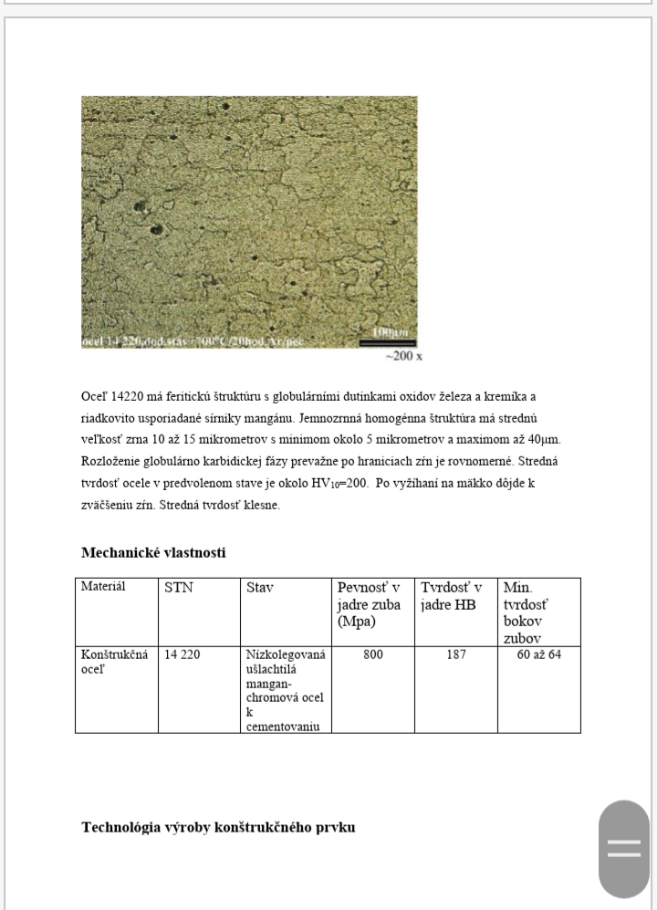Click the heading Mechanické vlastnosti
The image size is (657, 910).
(154, 552)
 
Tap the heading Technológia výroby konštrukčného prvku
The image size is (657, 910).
(218, 828)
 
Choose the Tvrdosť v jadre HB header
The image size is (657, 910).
(452, 596)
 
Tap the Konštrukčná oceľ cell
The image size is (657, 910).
(114, 662)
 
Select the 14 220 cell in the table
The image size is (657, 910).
(182, 654)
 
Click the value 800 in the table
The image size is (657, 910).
(372, 654)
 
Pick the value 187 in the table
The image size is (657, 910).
(456, 654)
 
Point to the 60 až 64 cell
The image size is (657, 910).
(539, 654)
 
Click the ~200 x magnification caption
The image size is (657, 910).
(404, 357)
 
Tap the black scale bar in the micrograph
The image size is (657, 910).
(381, 343)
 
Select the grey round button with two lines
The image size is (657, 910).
(624, 850)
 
